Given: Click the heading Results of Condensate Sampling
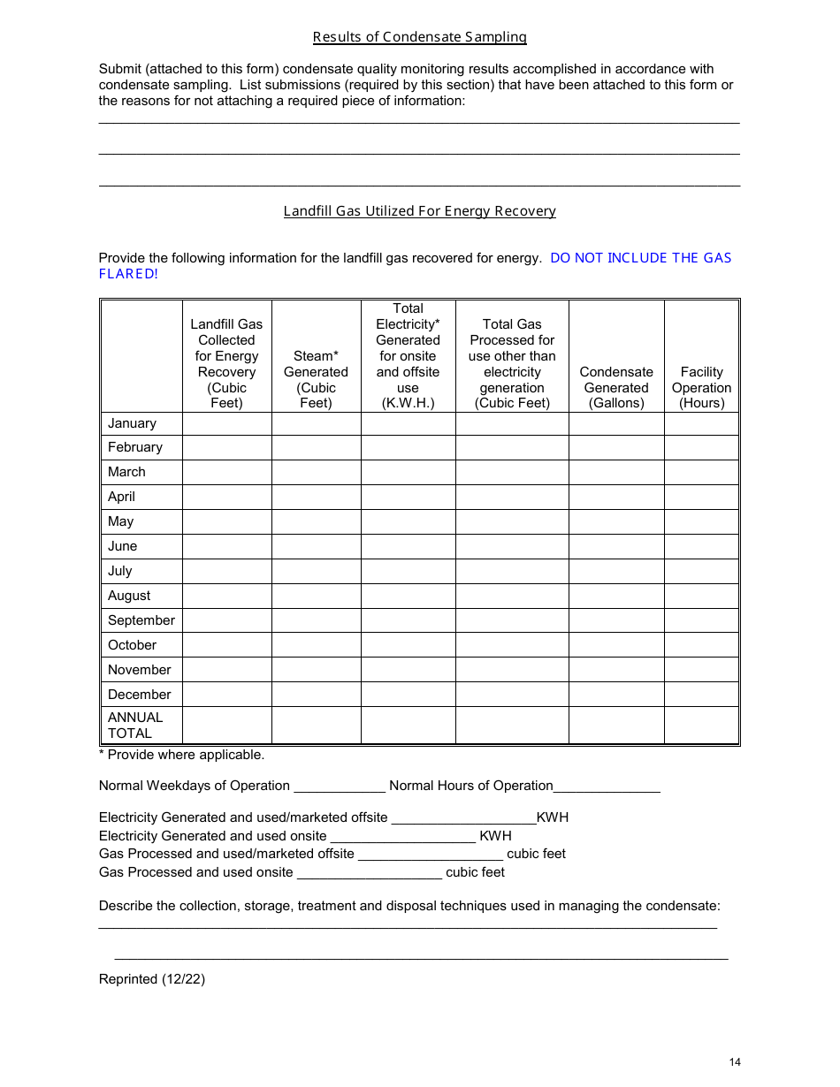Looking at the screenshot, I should [419, 37].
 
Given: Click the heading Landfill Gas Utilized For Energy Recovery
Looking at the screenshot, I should [419, 211].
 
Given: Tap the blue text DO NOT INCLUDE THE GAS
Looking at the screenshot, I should [640, 258].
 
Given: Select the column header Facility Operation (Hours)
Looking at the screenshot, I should [701, 387].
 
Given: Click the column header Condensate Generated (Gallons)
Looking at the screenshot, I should [616, 387].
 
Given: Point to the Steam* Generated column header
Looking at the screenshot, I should [316, 379].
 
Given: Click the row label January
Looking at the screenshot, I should [132, 423].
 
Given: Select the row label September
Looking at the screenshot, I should [141, 620].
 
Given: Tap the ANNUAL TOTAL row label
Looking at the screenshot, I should [135, 726].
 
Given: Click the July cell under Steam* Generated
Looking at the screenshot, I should [316, 571].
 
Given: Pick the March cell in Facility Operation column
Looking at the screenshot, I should [701, 472].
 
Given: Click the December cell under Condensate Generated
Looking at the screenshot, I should [616, 695].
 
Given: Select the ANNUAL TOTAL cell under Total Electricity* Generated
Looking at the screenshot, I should [408, 726].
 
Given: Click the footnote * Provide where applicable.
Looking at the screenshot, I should [181, 755].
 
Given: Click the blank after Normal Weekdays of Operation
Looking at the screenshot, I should [340, 786].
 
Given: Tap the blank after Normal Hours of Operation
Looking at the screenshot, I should [607, 786].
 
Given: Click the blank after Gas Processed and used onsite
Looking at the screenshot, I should [369, 872].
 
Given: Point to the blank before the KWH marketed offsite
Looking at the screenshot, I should [463, 817].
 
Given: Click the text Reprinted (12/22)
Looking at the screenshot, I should [152, 979].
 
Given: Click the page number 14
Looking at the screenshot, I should [735, 1062].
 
